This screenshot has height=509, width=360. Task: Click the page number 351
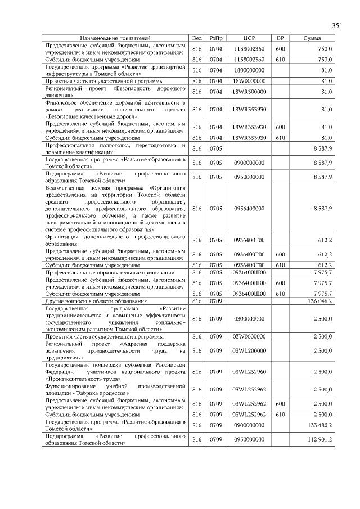pyautogui.click(x=337, y=25)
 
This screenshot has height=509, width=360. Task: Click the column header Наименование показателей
pyautogui.click(x=115, y=38)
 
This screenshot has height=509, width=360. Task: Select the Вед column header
pyautogui.click(x=197, y=38)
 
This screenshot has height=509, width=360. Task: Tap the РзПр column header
pyautogui.click(x=216, y=38)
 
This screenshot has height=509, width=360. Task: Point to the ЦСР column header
pyautogui.click(x=250, y=38)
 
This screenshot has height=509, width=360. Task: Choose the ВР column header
pyautogui.click(x=281, y=38)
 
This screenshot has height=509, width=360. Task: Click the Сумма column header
pyautogui.click(x=312, y=38)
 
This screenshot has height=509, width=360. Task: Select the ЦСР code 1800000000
pyautogui.click(x=250, y=70)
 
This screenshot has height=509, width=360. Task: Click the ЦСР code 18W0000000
pyautogui.click(x=250, y=81)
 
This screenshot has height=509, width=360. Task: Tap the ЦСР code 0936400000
pyautogui.click(x=250, y=209)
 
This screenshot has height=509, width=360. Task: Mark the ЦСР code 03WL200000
pyautogui.click(x=250, y=350)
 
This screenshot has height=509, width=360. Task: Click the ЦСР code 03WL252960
pyautogui.click(x=250, y=372)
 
